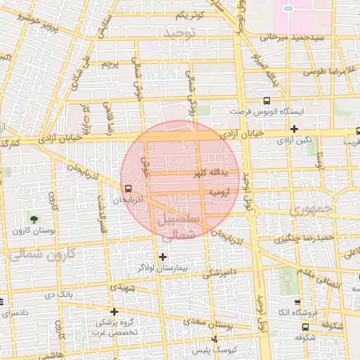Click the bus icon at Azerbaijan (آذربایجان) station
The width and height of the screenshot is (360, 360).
pos(127,188)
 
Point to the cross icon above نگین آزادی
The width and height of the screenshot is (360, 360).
pos(294,129)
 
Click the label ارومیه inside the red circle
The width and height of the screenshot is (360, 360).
pos(216,191)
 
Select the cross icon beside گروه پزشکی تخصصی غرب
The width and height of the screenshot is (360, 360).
pos(114,311)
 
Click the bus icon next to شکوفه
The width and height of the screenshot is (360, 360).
pos(304,326)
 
